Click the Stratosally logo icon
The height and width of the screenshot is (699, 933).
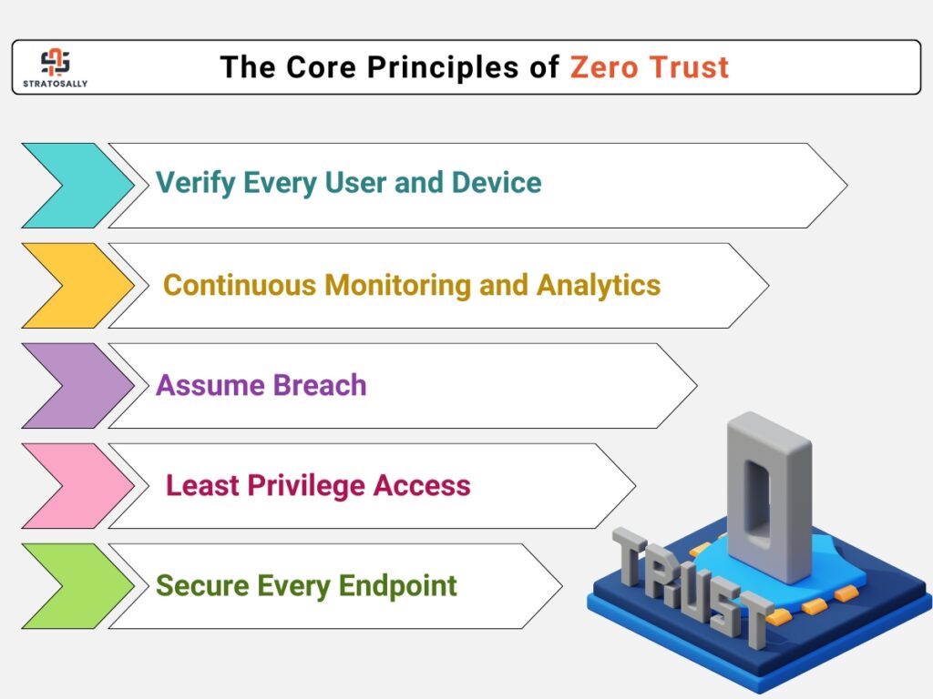click(56, 62)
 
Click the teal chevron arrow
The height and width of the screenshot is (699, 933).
click(78, 186)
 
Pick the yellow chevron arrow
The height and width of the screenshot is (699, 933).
click(78, 285)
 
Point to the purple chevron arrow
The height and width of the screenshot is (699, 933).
click(78, 386)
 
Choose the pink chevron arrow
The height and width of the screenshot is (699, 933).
click(78, 486)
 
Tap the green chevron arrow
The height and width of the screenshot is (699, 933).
click(78, 586)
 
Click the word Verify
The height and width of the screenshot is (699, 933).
click(196, 183)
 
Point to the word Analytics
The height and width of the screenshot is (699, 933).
click(599, 286)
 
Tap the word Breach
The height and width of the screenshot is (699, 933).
click(320, 385)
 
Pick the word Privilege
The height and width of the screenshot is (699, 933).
click(306, 486)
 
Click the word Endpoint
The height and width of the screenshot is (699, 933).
click(398, 586)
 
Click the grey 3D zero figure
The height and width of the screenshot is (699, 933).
click(769, 497)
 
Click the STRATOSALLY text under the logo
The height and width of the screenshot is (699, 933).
click(56, 84)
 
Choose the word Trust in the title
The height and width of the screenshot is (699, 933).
click(689, 66)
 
